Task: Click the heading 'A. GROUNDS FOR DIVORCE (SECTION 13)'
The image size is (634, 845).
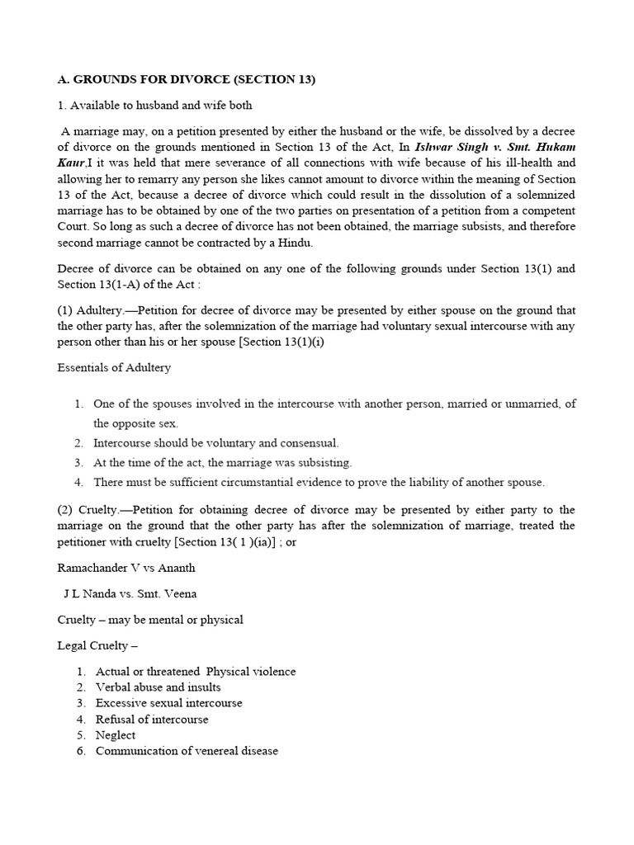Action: (187, 79)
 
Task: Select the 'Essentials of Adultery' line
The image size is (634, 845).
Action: (114, 367)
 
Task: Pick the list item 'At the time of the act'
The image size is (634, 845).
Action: (223, 462)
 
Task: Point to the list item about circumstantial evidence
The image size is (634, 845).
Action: (319, 482)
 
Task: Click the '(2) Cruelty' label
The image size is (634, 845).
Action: (87, 510)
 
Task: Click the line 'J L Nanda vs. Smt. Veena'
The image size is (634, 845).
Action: (130, 593)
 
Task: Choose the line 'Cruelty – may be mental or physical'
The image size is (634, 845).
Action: (150, 619)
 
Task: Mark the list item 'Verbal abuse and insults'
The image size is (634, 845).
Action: (158, 687)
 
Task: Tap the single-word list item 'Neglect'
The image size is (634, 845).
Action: (116, 734)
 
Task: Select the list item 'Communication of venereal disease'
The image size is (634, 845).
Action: (187, 751)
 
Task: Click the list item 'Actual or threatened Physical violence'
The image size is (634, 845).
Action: (196, 671)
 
